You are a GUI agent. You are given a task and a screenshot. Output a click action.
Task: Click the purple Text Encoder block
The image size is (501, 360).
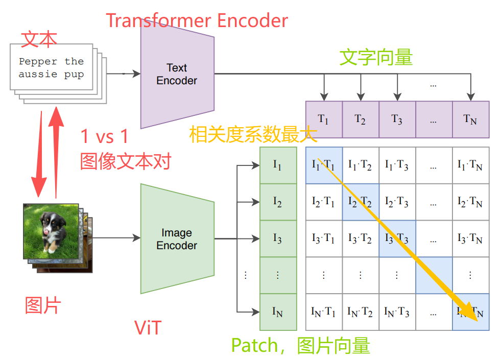point(177,75)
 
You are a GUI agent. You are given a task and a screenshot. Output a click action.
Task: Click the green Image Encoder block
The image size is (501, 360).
point(177,239)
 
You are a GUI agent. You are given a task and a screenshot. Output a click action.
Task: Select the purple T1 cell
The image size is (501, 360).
point(323,119)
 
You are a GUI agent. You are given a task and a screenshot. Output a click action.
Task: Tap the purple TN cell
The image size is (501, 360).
point(470,119)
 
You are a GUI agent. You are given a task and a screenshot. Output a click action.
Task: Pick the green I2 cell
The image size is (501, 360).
point(278,202)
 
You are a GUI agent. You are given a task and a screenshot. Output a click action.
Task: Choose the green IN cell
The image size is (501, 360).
point(278,311)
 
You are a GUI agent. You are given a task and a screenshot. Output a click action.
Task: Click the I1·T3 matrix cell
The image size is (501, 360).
point(397,165)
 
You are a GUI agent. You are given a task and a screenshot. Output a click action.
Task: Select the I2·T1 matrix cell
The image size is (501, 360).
point(323,202)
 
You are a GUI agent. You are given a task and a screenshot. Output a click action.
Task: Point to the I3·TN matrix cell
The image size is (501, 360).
point(470,239)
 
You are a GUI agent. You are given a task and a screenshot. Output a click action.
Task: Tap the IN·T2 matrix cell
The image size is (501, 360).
point(360,311)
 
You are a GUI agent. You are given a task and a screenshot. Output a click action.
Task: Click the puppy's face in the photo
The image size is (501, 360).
point(51,225)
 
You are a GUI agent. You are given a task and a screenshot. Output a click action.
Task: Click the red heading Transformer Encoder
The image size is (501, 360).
point(197,21)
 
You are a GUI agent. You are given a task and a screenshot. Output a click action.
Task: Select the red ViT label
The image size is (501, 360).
point(148,327)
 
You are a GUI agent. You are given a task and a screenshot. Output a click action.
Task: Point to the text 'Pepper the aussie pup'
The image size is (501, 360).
point(51,67)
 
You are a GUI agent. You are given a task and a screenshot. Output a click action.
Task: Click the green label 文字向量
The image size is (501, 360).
point(376,58)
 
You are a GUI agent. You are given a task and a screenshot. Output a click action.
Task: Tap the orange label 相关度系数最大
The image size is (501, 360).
point(253,135)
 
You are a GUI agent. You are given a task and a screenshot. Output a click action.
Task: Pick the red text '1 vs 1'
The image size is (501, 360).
point(104,136)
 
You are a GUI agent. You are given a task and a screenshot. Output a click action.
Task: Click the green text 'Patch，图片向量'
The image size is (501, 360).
point(300,346)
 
